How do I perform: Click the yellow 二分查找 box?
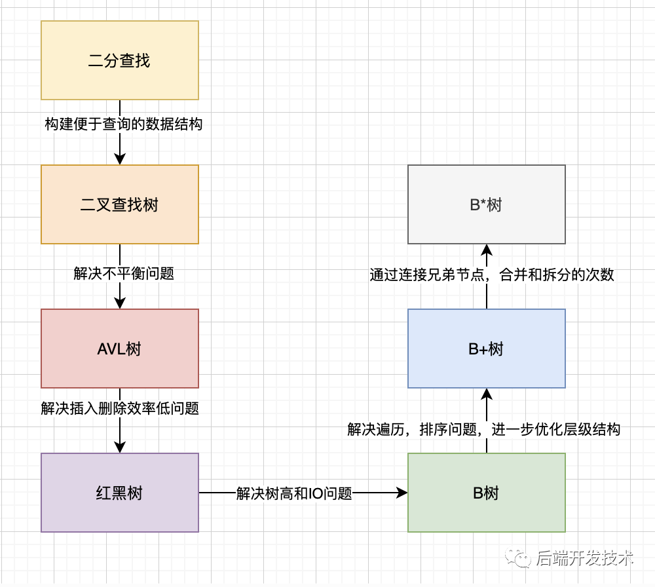[x=119, y=60]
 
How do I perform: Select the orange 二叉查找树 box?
[x=119, y=204]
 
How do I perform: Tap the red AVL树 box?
[x=119, y=349]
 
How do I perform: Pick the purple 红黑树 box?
[x=119, y=493]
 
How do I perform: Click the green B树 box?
[x=486, y=493]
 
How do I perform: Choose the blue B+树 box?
[x=486, y=349]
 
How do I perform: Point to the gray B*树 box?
[x=486, y=204]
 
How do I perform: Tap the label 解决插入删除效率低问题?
[x=120, y=408]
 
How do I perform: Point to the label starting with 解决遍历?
[x=484, y=429]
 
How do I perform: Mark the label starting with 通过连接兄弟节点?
[x=492, y=275]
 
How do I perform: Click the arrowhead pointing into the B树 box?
[x=402, y=493]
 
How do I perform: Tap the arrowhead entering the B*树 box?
[x=486, y=250]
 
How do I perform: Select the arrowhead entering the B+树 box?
[x=486, y=394]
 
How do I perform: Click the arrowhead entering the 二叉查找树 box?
[x=119, y=159]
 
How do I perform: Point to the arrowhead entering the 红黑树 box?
[x=119, y=447]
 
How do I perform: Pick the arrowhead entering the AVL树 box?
[x=119, y=303]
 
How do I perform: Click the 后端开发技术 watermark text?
[x=584, y=558]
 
